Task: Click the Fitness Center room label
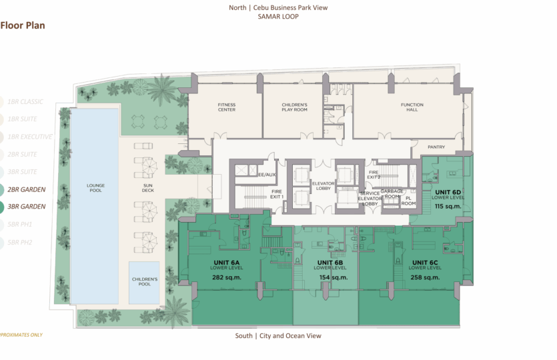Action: pyautogui.click(x=227, y=107)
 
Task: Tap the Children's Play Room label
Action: pyautogui.click(x=294, y=107)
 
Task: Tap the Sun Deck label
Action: pyautogui.click(x=148, y=188)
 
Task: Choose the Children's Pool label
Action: pyautogui.click(x=145, y=281)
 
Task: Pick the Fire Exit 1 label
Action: pyautogui.click(x=276, y=194)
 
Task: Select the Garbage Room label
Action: pyautogui.click(x=392, y=193)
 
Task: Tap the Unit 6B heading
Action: pyautogui.click(x=330, y=262)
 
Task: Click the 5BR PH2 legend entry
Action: pyautogui.click(x=20, y=242)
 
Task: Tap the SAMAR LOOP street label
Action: pyautogui.click(x=277, y=17)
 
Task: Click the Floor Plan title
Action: pyautogui.click(x=23, y=26)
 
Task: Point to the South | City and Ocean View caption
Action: pyautogui.click(x=277, y=336)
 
